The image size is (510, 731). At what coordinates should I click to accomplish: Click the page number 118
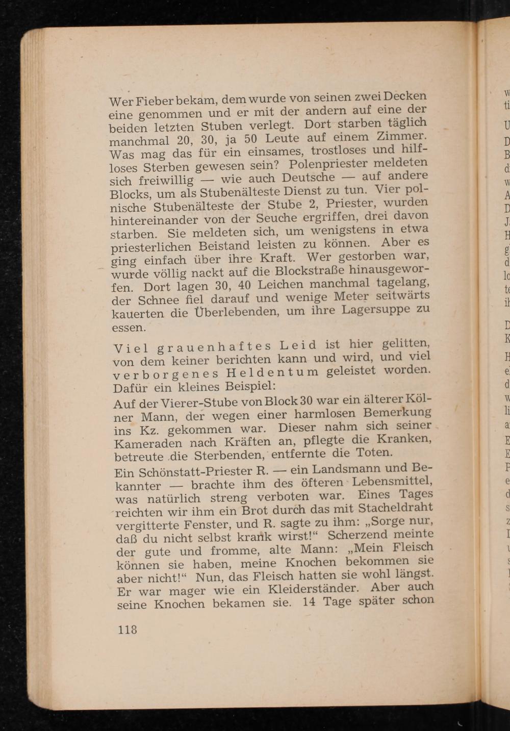(x=127, y=629)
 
